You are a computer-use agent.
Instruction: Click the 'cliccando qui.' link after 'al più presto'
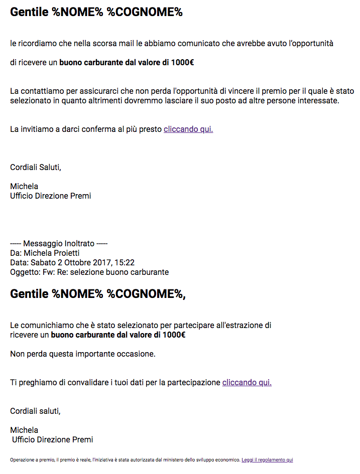[x=188, y=129]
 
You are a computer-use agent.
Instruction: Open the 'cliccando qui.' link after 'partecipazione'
[x=247, y=382]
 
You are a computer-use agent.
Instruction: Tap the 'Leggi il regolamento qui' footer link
[x=267, y=459]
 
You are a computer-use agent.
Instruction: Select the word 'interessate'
[x=318, y=101]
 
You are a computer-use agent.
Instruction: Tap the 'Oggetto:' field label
[x=24, y=272]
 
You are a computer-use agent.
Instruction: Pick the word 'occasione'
[x=137, y=354]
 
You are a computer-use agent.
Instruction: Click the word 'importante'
[x=94, y=354]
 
